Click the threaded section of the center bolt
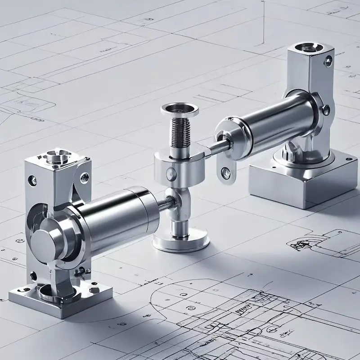click(x=180, y=133)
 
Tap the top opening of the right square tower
click(x=307, y=46)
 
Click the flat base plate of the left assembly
click(x=61, y=297)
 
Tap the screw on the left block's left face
click(x=32, y=180)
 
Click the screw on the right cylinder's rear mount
click(x=326, y=109)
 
